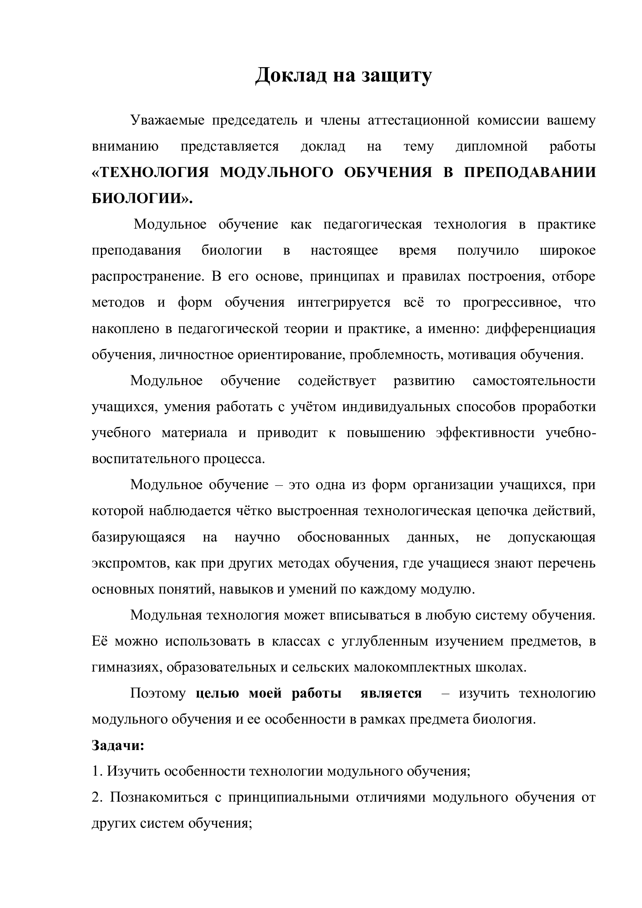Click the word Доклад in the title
pos(291,75)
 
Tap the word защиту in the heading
pos(397,76)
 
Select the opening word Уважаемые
pos(168,120)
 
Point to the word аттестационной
pos(418,120)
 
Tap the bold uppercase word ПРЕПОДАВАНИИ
pos(529,172)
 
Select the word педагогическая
pos(372,224)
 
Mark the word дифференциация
pos(540,329)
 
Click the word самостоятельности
pos(534,380)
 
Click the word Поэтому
pos(158,693)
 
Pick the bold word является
pos(391,693)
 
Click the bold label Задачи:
pos(118,745)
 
